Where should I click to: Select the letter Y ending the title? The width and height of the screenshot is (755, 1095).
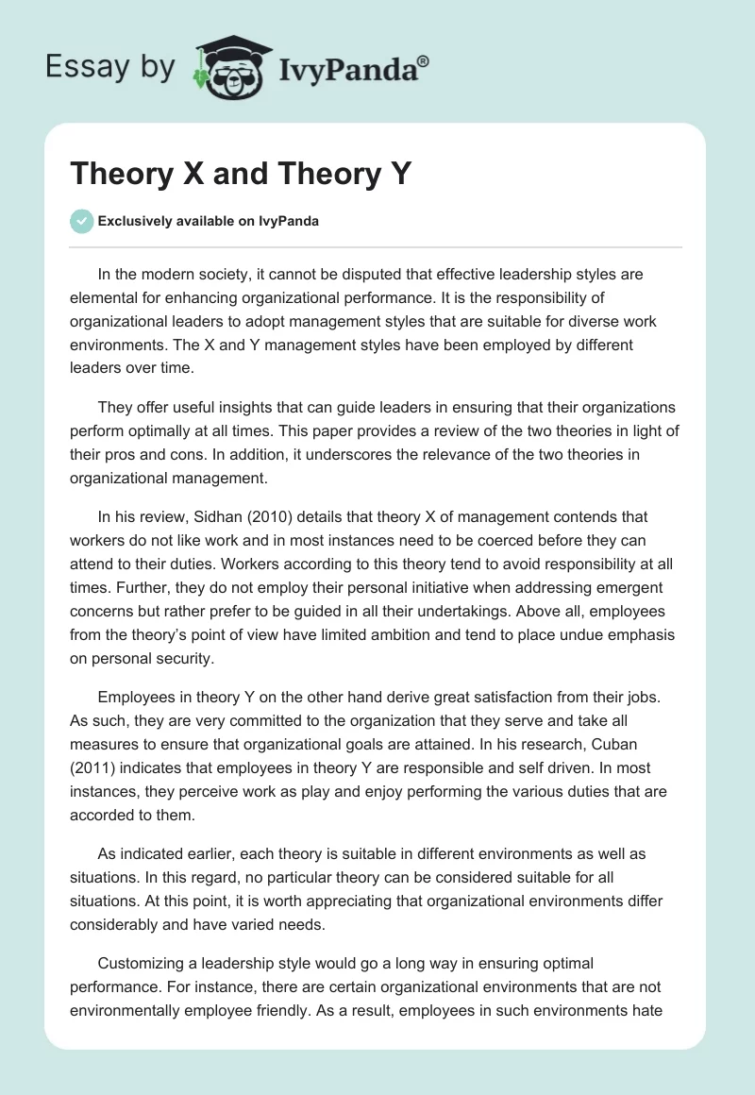tap(399, 174)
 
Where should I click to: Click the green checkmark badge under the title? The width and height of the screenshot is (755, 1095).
tap(81, 221)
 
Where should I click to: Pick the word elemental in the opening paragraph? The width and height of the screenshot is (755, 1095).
tap(103, 298)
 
